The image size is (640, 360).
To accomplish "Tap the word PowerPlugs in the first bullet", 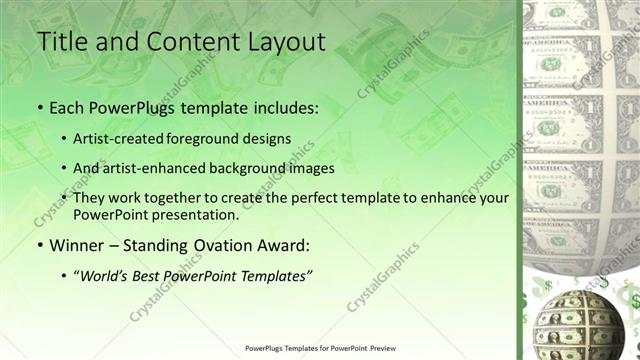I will click(127, 106).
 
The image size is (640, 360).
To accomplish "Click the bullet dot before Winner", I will click(40, 245).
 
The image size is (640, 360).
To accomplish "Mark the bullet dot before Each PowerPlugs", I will click(40, 107).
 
